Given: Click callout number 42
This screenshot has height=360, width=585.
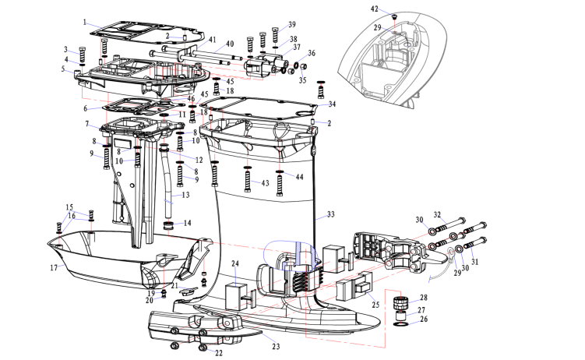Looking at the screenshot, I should click(373, 9).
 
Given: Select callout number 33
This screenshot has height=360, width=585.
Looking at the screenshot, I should click(330, 214).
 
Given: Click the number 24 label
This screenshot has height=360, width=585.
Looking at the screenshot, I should click(235, 264).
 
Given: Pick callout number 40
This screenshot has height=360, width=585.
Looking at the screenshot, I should click(230, 43).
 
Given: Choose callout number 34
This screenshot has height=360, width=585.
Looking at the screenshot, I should click(332, 104).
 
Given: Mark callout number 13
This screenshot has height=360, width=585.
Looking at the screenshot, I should click(186, 196).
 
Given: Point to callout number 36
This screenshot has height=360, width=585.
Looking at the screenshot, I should click(312, 54).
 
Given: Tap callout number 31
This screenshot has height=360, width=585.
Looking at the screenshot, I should click(475, 262).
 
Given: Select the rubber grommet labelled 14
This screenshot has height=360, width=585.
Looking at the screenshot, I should click(165, 224).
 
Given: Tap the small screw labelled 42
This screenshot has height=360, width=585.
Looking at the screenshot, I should click(396, 16).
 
